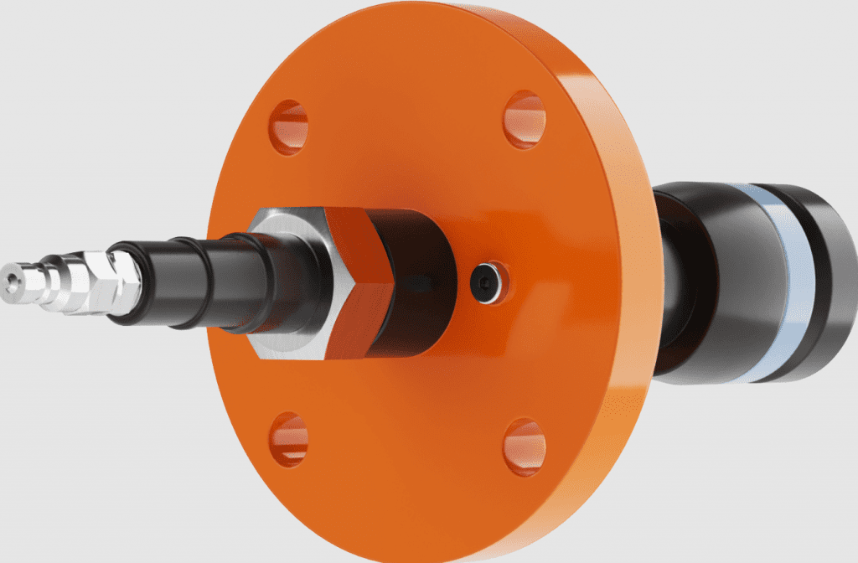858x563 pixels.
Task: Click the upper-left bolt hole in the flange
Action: coord(288,127)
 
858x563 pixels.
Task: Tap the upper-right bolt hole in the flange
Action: coord(525,120)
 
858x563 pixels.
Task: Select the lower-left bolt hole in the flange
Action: coord(288,439)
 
